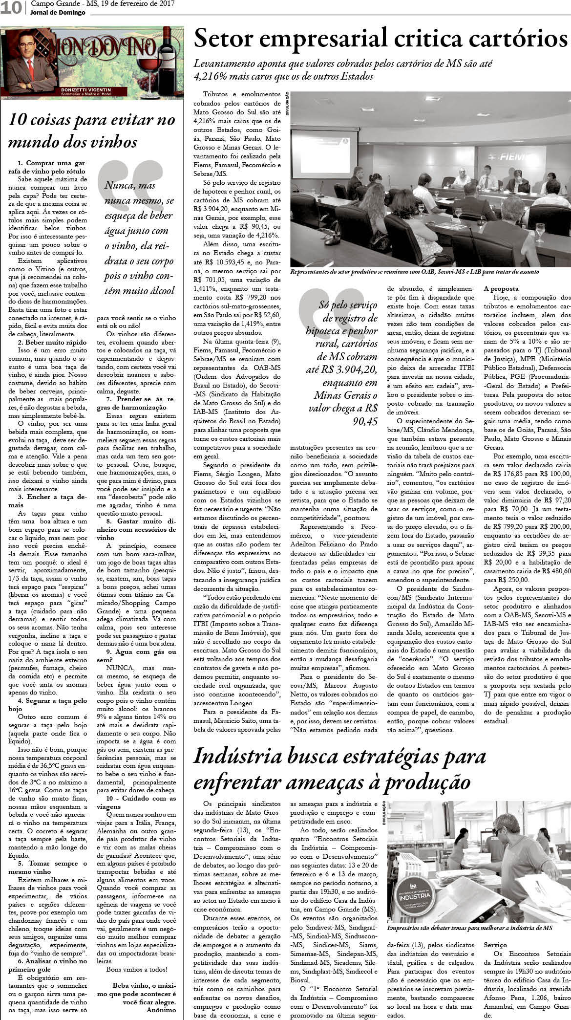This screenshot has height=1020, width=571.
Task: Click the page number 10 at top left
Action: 10,8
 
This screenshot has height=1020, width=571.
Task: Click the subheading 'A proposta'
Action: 502,288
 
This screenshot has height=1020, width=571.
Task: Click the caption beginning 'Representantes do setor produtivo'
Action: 414,272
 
